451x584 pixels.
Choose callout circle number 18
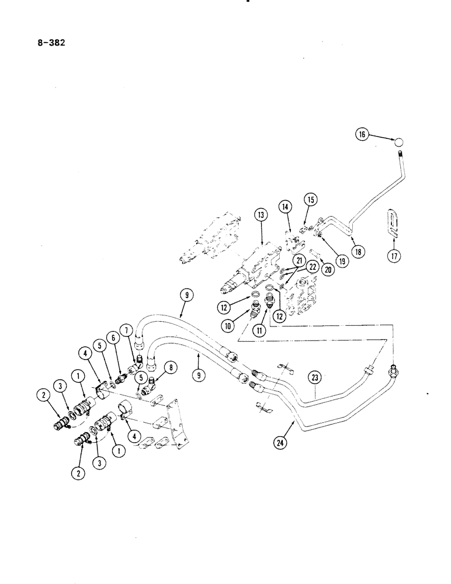[358, 251]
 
